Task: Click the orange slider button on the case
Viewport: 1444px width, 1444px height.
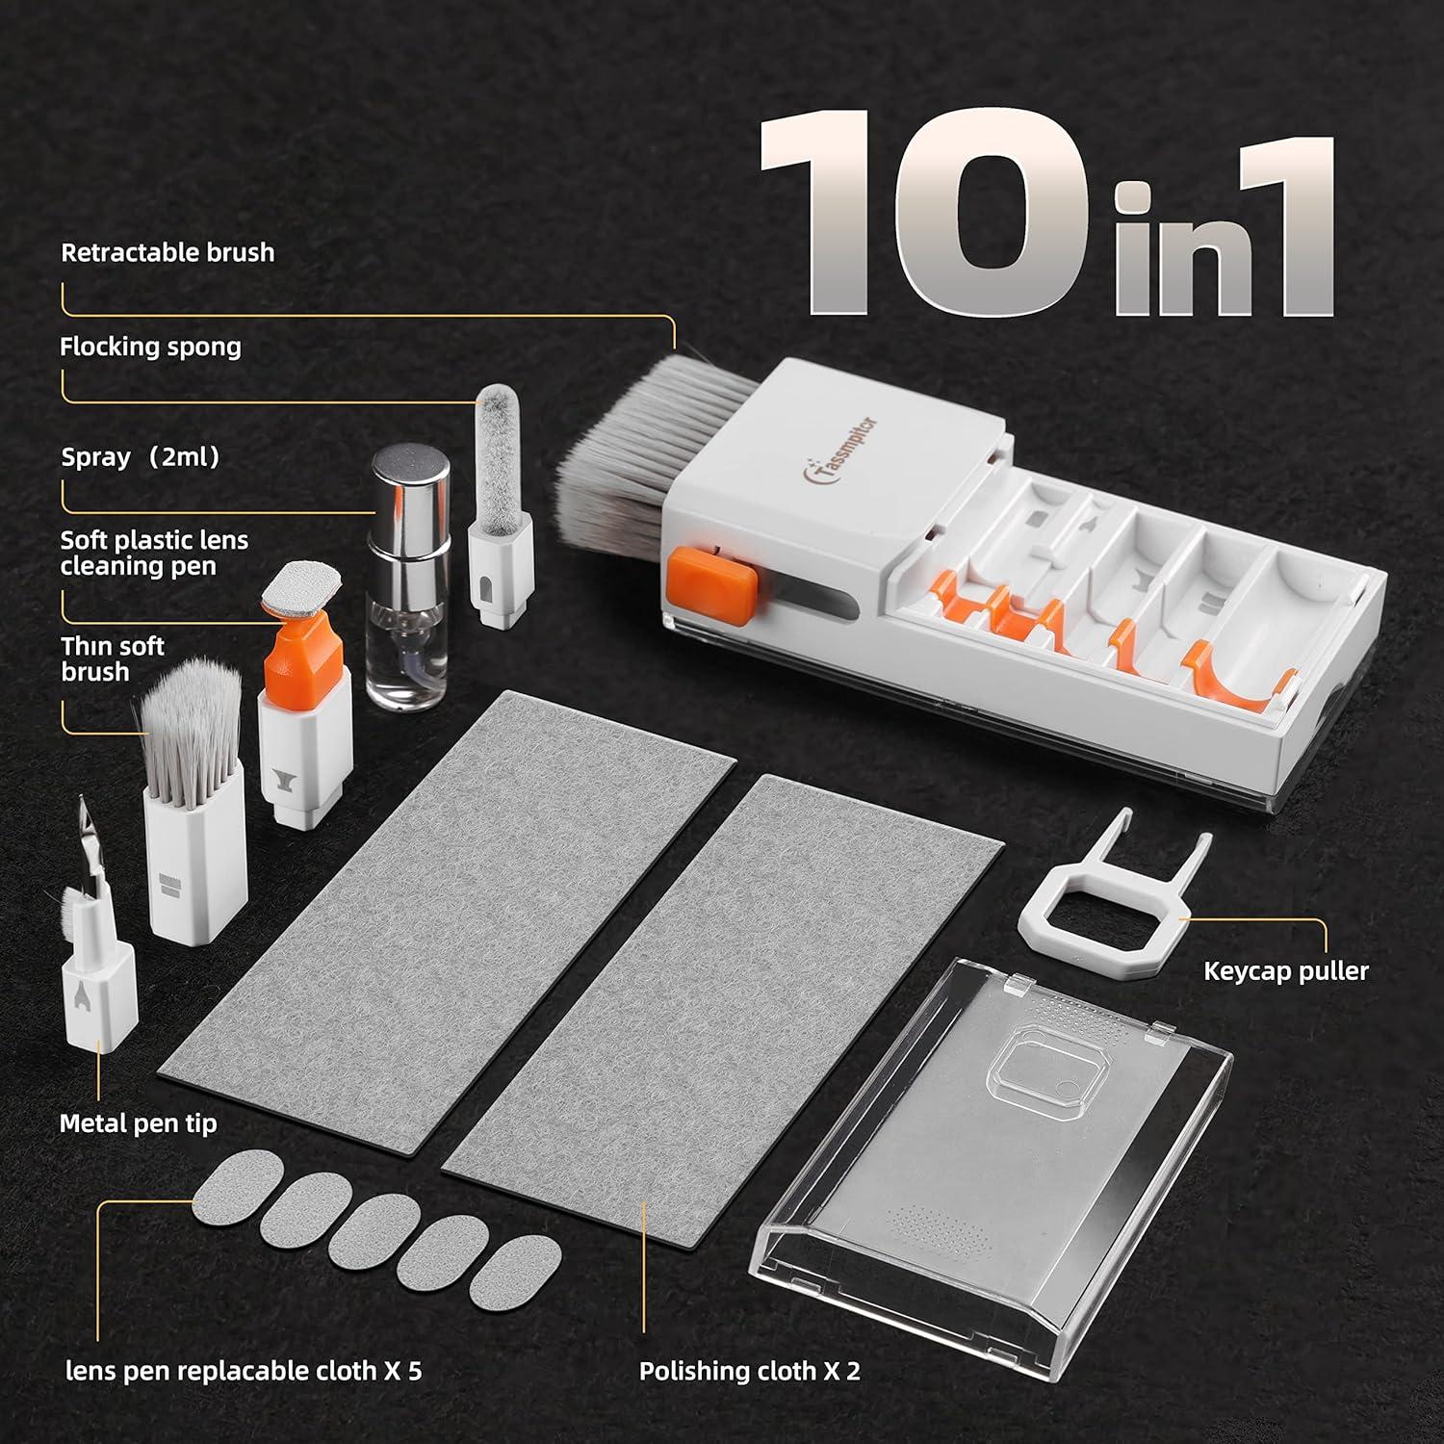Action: point(712,583)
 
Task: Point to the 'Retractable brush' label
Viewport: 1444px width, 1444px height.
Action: point(168,253)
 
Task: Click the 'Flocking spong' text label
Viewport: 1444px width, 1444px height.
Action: point(150,347)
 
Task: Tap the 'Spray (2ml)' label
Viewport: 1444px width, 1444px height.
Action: point(141,456)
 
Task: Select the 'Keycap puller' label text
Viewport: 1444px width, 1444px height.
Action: point(1285,970)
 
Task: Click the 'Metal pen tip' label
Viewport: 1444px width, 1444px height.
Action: point(138,1123)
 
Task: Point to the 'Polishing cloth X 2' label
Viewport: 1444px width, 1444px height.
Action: point(749,1371)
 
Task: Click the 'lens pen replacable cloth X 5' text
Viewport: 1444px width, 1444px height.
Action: point(243,1371)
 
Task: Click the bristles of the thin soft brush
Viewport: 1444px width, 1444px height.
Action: point(190,722)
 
